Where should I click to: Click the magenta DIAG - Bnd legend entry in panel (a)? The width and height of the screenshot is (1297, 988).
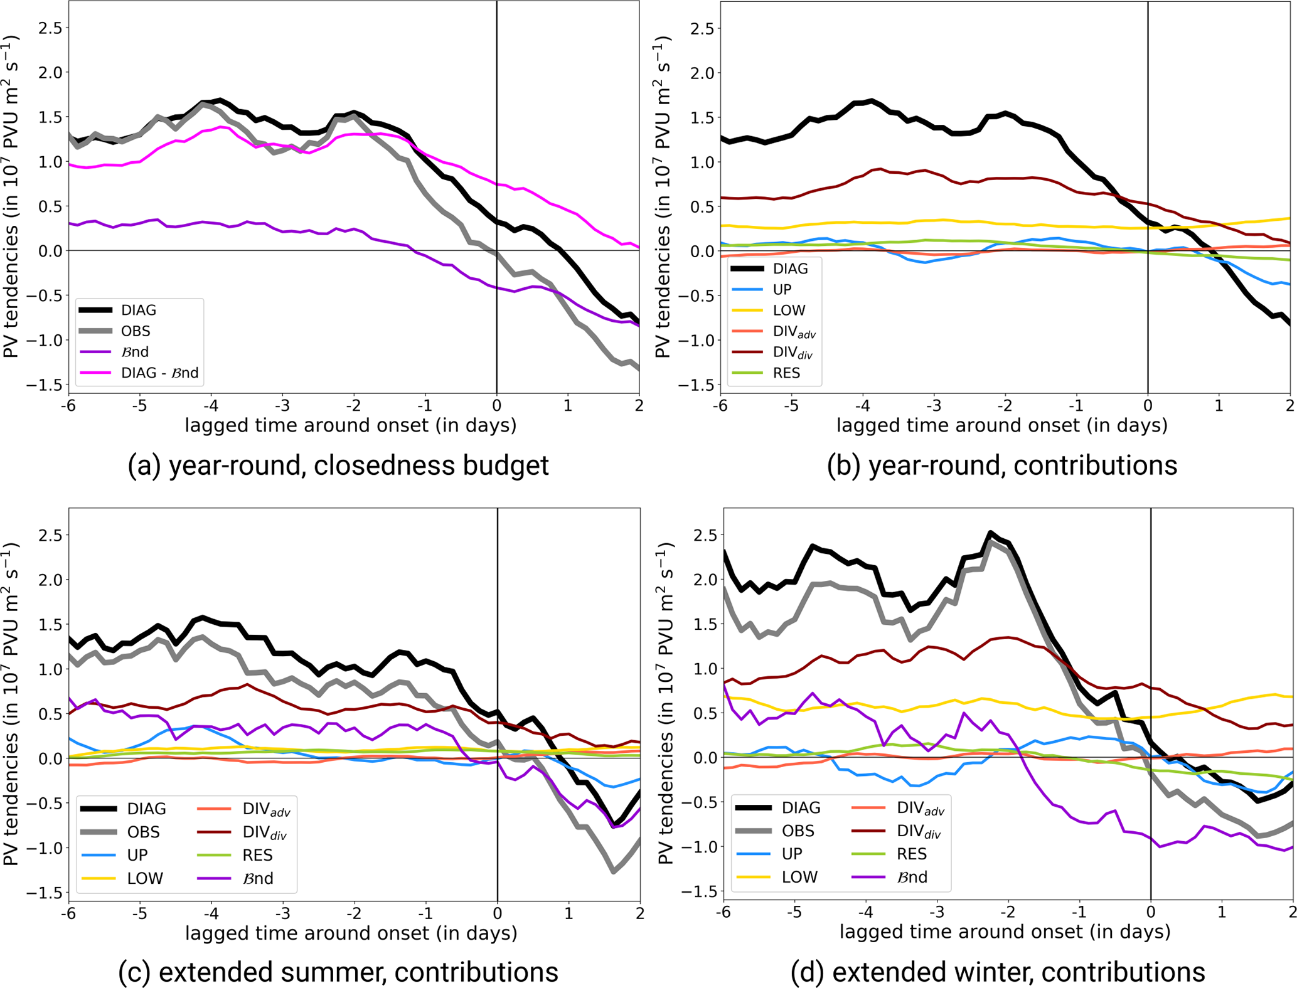point(159,373)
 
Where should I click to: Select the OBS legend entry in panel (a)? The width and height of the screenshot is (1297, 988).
point(136,331)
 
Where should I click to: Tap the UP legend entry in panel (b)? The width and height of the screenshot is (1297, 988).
point(782,289)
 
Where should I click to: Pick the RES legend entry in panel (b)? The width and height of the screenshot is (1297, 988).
point(786,373)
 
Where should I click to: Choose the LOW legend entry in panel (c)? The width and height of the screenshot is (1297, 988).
point(145,878)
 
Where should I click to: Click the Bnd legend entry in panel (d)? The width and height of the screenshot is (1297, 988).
point(912,877)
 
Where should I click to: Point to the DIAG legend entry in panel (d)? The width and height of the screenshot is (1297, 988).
point(801,808)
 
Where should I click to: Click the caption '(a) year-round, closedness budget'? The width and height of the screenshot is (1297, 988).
point(338,465)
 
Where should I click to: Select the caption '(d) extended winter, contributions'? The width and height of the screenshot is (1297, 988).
point(998,972)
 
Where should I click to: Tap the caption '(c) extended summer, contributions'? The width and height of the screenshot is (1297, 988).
point(338,972)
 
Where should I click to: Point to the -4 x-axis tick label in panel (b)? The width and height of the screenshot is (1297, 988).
point(863,406)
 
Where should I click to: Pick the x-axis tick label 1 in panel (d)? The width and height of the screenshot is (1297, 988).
point(1222,912)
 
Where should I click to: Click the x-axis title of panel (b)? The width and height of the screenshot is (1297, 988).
point(1001,425)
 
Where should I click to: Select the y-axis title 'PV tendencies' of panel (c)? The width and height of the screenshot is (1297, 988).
point(11,704)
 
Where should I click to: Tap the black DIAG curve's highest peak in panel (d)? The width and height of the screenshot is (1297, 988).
point(990,534)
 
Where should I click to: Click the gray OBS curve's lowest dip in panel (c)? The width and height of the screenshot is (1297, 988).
point(613,871)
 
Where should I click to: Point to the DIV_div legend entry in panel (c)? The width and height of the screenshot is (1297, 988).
point(266,832)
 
